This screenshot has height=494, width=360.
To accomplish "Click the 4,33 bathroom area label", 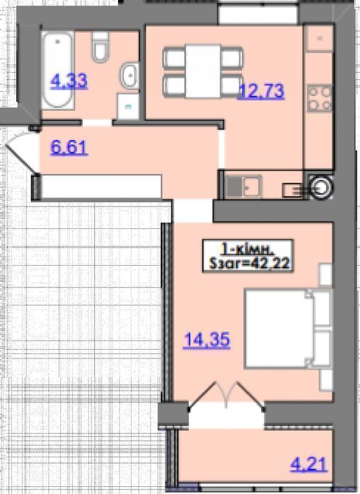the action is click(69, 81).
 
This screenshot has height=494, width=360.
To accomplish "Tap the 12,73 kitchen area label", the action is click(262, 91).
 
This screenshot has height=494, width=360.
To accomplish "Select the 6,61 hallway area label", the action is click(69, 147).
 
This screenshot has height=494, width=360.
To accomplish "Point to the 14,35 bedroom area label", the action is click(207, 340).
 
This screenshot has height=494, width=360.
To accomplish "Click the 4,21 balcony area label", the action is click(309, 465).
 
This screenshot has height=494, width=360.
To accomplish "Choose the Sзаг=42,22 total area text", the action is click(250, 263).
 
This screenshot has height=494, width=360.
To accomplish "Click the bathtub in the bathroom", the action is click(58, 70).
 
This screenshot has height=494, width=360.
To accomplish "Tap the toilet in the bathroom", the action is click(100, 47).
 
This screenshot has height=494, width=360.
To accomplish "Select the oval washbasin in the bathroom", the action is click(129, 76).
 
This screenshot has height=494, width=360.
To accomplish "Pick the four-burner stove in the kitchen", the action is click(320, 98).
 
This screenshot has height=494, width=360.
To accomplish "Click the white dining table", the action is click(203, 71).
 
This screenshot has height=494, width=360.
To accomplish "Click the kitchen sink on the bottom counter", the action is click(244, 187).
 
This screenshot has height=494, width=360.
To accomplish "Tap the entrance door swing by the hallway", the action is click(22, 153).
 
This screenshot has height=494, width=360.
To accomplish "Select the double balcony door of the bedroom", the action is click(226, 396).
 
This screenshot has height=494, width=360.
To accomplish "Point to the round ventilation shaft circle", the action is click(321, 187).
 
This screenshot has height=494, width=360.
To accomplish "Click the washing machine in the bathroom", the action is click(128, 106).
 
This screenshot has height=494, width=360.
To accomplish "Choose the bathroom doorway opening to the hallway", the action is click(98, 122).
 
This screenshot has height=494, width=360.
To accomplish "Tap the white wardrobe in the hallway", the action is click(101, 187).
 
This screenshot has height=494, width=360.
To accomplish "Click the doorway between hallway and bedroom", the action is click(193, 211).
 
